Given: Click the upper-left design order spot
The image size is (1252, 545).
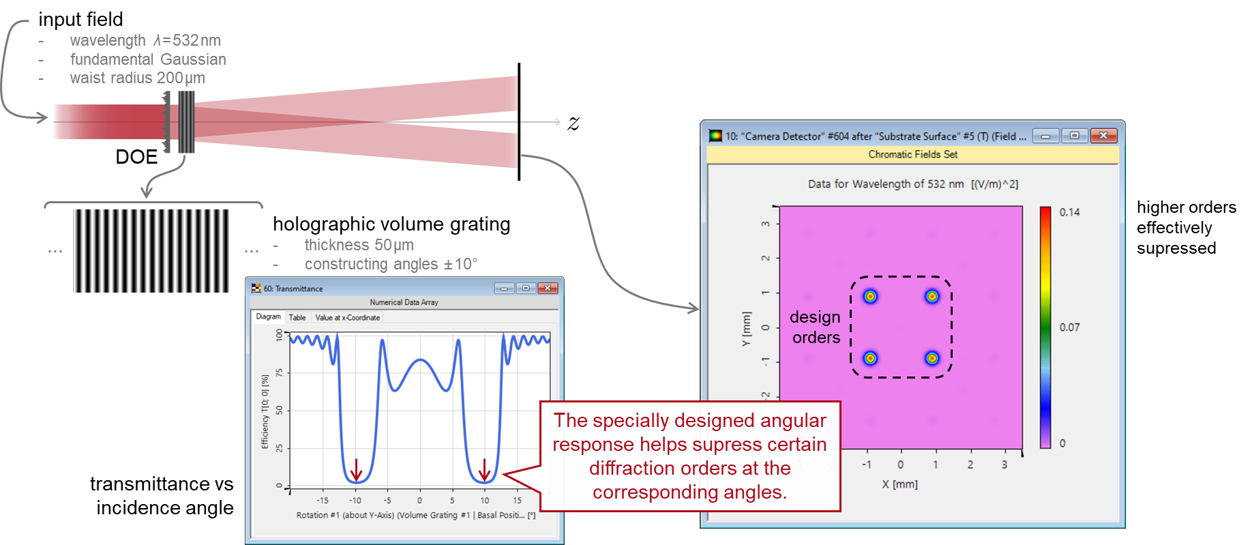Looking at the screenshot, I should tap(870, 297).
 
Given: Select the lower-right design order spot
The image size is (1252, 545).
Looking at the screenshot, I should tap(932, 358).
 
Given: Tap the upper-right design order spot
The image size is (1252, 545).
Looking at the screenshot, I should tap(932, 297).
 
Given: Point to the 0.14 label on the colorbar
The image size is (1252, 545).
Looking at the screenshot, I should tap(1069, 212).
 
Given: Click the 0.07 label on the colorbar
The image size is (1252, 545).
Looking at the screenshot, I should tap(1069, 327).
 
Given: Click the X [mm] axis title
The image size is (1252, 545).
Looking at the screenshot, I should tap(899, 484).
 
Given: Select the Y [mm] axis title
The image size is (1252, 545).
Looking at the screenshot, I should tap(746, 329).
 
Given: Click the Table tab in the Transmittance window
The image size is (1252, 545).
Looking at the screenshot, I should tap(297, 318).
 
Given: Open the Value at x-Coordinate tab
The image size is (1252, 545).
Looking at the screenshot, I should tap(347, 318).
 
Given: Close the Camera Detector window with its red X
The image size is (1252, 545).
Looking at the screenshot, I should tap(1103, 136).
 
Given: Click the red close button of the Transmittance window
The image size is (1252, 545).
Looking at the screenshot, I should tap(547, 289).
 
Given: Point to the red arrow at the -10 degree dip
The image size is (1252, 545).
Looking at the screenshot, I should tap(356, 470).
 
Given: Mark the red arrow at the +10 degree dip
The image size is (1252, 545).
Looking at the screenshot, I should tap(484, 470).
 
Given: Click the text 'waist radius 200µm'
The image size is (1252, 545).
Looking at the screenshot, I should tap(137, 78).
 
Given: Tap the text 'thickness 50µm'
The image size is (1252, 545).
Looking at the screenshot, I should tap(359, 245).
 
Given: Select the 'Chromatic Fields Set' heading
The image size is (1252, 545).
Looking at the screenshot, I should tap(912, 155).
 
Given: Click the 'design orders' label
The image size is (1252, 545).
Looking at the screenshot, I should tap(816, 327).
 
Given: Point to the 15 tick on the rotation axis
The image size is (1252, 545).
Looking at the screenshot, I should tap(517, 501).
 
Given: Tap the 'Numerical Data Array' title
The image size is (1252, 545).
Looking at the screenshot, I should tap(404, 302).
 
